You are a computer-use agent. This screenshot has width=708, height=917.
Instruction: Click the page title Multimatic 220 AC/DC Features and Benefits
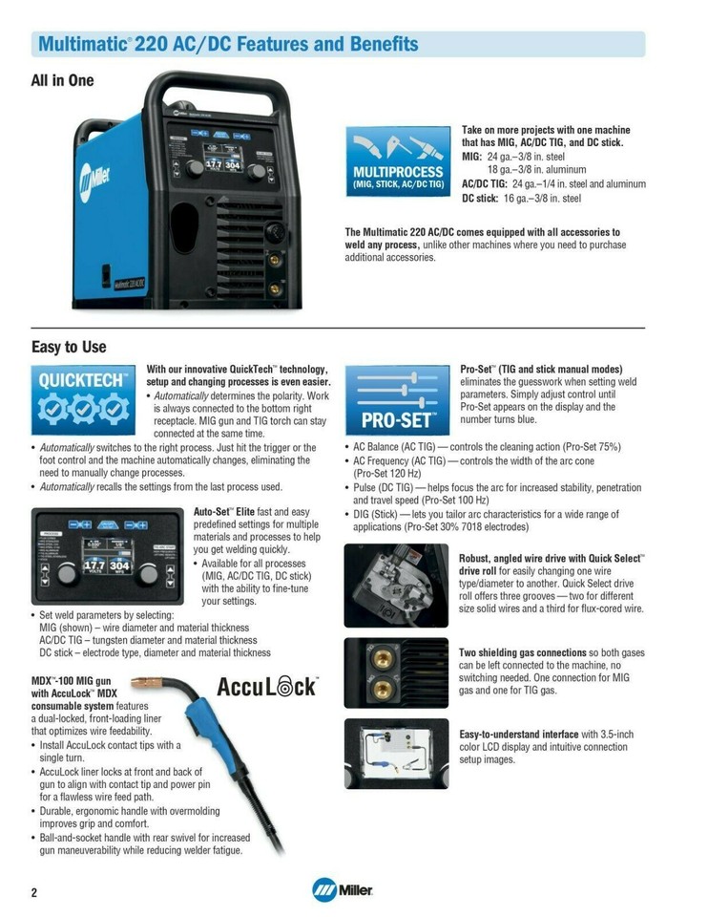[x=227, y=44]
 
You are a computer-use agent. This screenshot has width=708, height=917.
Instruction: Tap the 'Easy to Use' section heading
[x=69, y=348]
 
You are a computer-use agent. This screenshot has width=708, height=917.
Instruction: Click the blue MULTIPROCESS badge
[x=398, y=160]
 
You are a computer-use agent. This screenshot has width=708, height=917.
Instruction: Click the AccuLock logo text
[x=268, y=686]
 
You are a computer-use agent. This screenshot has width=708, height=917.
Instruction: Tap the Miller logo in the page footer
[x=342, y=890]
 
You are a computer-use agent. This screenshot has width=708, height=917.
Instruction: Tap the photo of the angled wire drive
[x=395, y=586]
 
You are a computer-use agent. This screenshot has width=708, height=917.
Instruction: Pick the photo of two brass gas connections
[x=395, y=673]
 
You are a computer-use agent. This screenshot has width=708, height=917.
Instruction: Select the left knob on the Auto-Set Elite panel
[x=67, y=576]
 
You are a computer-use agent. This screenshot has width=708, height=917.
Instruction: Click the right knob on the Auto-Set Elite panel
[x=147, y=576]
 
